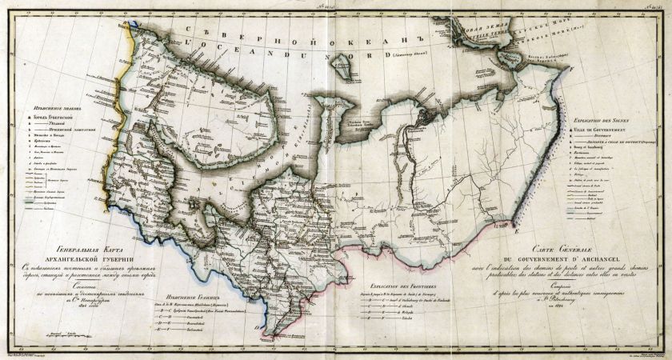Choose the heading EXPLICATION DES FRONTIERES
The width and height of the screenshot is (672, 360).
click(x=405, y=286)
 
